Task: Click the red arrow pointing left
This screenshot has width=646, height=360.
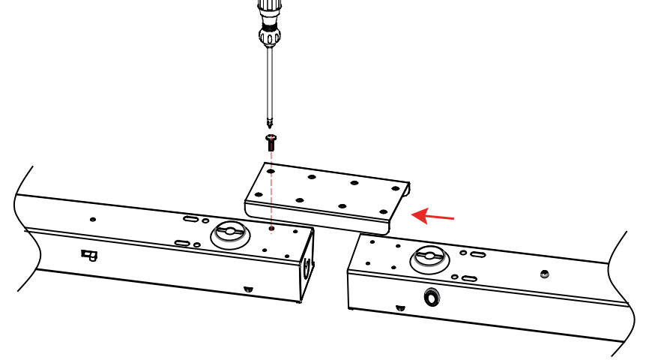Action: pyautogui.click(x=434, y=217)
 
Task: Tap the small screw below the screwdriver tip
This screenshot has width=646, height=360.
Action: pyautogui.click(x=271, y=142)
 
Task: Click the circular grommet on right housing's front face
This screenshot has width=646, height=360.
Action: pyautogui.click(x=432, y=298)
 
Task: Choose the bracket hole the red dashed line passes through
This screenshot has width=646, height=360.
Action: pyautogui.click(x=271, y=171)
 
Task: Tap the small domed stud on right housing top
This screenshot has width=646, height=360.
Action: pyautogui.click(x=544, y=273)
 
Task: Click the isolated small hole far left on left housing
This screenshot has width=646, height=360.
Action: pyautogui.click(x=93, y=220)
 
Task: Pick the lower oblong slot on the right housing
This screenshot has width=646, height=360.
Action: pyautogui.click(x=469, y=278)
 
